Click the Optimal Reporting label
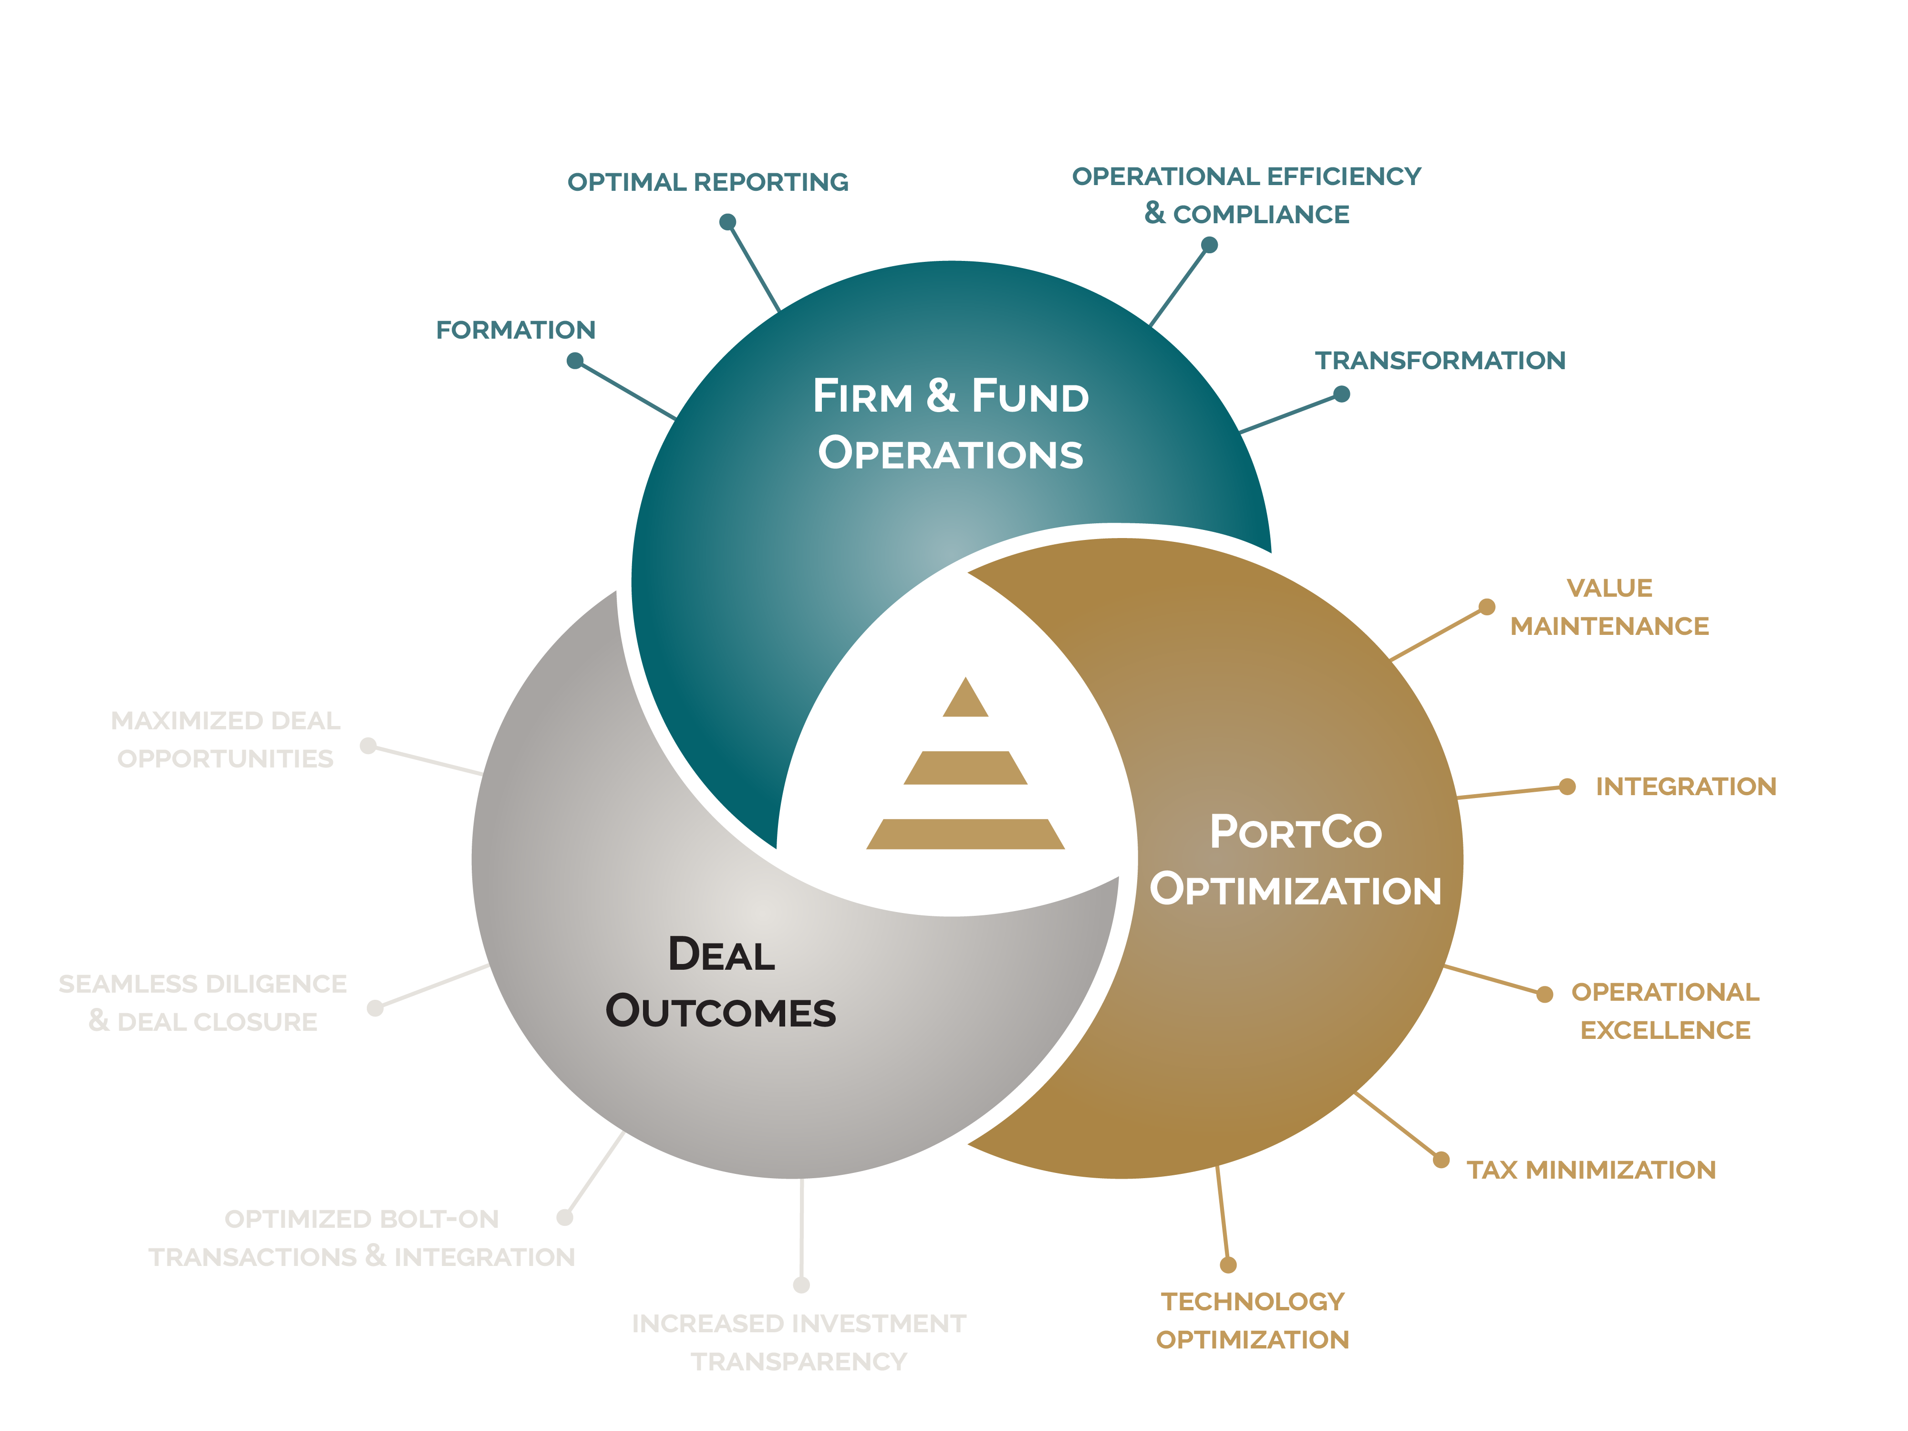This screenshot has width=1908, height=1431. click(707, 182)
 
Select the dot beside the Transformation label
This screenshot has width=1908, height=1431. click(1341, 394)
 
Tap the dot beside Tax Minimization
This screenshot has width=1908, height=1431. click(1441, 1159)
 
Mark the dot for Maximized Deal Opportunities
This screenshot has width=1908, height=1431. click(368, 745)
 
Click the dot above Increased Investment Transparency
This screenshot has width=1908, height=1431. click(801, 1285)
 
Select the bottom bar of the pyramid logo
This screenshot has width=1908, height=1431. click(965, 834)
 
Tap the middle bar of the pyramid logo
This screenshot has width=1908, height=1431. click(965, 767)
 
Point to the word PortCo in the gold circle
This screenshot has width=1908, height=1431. click(1296, 832)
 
